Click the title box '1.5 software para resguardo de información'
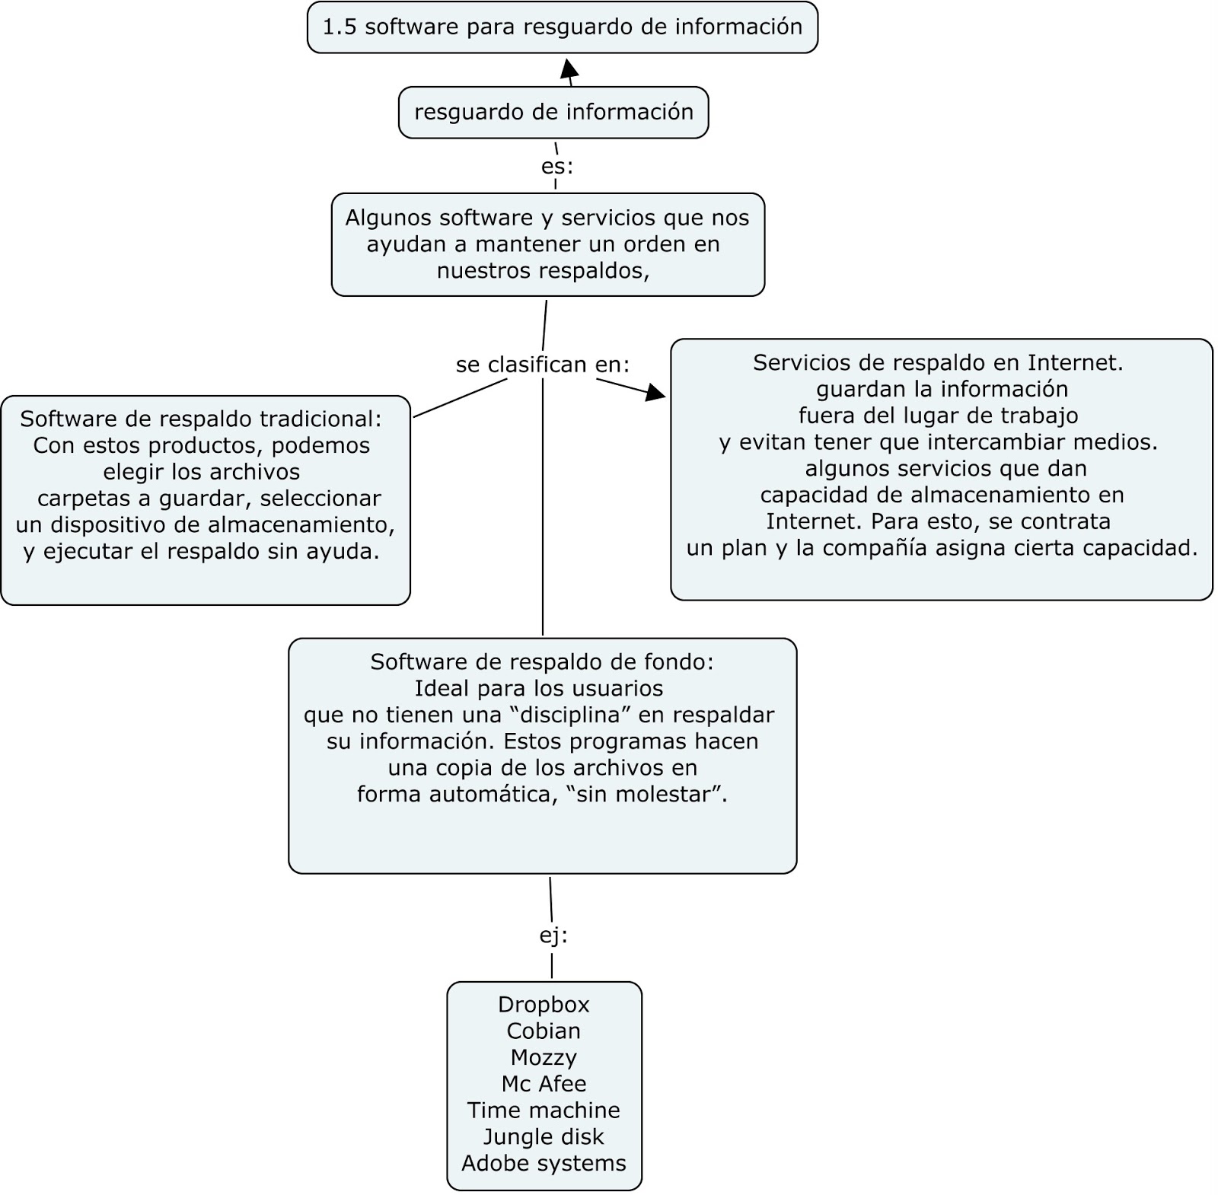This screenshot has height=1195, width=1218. coord(562,27)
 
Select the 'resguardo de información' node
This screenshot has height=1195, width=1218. coord(553,113)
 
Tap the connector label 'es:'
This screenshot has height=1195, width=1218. coord(556,167)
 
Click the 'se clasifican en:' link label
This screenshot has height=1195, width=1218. coord(543,365)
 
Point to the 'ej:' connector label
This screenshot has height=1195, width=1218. coord(553,936)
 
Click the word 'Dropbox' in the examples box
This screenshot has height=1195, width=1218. coord(544,1005)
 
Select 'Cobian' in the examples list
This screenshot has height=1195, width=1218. coord(544,1031)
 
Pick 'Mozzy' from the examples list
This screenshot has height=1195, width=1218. coord(544,1057)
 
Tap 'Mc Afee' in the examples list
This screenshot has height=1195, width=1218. coord(544,1084)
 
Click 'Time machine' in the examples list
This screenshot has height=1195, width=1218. coord(544,1111)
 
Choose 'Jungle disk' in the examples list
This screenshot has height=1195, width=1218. coord(544,1137)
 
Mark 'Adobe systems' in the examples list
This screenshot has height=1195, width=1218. coord(544,1163)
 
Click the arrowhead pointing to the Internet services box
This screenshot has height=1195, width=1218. coord(655,393)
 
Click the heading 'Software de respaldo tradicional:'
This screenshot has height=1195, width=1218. coord(201,419)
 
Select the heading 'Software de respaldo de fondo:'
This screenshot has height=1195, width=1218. coord(542,662)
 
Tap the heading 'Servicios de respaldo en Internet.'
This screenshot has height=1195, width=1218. coord(938,363)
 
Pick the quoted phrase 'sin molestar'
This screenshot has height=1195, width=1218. coord(647,795)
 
